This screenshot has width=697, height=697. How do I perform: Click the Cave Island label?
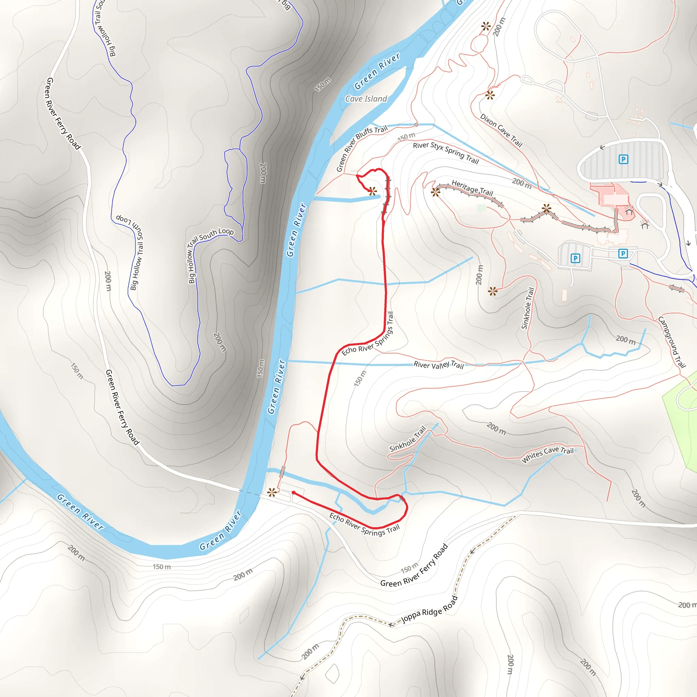pos(366,99)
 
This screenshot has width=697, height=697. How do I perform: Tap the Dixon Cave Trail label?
pos(501,130)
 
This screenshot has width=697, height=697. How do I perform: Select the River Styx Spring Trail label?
pos(445,153)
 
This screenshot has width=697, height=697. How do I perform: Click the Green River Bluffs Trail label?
pos(361,148)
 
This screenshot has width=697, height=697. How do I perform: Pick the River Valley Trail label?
pos(438,365)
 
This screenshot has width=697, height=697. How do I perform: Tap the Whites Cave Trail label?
pos(547,454)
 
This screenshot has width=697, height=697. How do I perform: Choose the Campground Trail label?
pos(671,342)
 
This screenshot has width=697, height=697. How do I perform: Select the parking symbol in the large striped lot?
pos(623,159)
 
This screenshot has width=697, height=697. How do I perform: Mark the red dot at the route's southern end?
pos(294,493)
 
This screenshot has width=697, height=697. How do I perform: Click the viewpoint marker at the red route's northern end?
pos(372,191)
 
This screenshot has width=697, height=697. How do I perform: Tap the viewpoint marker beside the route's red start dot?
pos(272,492)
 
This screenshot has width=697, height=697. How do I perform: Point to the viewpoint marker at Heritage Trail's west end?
pos(435,192)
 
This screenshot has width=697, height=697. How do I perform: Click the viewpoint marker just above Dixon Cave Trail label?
pos(489,95)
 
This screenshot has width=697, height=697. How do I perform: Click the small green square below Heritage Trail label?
pos(481,208)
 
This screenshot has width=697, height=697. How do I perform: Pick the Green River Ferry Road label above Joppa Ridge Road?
pos(414,566)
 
